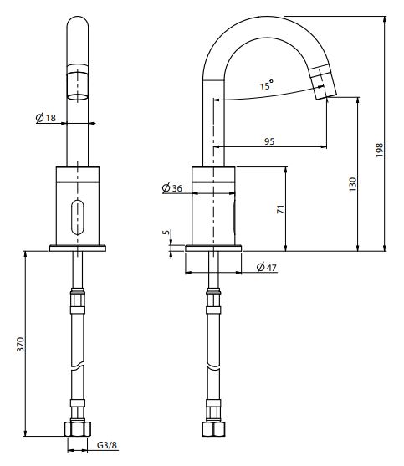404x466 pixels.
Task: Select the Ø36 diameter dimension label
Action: pyautogui.click(x=172, y=188)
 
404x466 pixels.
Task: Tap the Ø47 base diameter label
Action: pyautogui.click(x=266, y=267)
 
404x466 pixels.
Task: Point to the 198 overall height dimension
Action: pyautogui.click(x=380, y=150)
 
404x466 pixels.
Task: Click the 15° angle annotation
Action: pyautogui.click(x=265, y=85)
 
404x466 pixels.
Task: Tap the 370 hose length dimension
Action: pyautogui.click(x=21, y=345)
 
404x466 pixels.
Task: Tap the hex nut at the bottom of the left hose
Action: pyautogui.click(x=78, y=430)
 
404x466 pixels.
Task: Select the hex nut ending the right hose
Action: pyautogui.click(x=214, y=430)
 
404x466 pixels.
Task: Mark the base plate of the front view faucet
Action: pyautogui.click(x=79, y=248)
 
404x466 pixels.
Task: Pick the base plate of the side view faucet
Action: pyautogui.click(x=214, y=248)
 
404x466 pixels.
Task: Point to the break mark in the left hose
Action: pyautogui.click(x=78, y=368)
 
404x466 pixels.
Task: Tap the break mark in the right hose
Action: pyautogui.click(x=214, y=368)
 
